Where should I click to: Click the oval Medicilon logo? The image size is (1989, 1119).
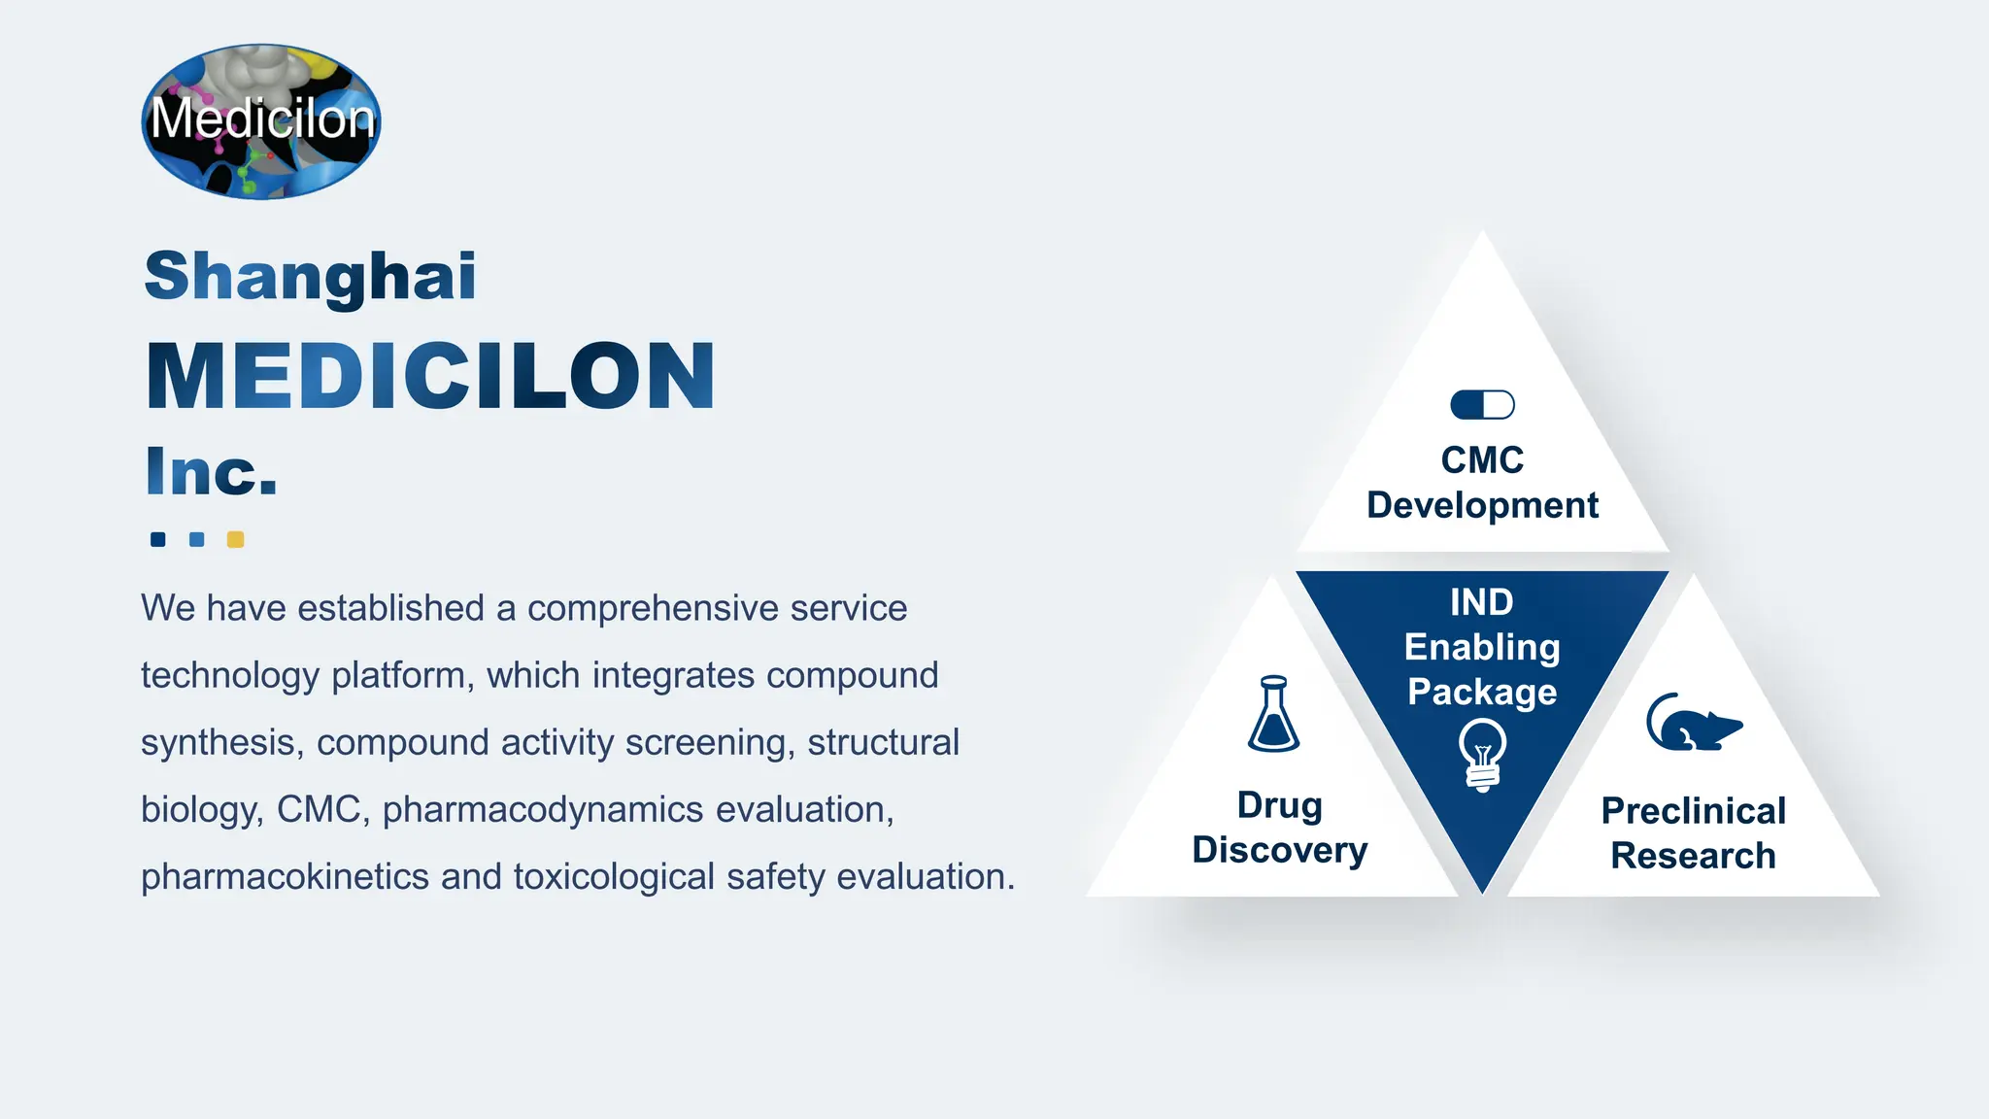pos(261,121)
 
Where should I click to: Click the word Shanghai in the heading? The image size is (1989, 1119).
pos(310,276)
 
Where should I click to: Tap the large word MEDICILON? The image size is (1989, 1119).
pos(430,376)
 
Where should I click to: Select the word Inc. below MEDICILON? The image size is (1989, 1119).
pos(211,472)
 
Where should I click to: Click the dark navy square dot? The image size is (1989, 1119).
pos(157,539)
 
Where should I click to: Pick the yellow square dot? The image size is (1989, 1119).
pos(235,539)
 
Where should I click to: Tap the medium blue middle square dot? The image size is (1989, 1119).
pos(196,539)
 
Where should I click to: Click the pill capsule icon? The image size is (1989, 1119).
pos(1482,404)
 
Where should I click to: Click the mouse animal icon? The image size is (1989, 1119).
pos(1694,723)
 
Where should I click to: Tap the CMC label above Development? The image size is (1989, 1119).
pos(1482,459)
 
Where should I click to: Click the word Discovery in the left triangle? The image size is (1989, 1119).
pos(1279,850)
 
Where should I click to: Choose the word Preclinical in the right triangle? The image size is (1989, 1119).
pos(1693,810)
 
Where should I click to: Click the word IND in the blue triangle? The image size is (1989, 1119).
pos(1482,602)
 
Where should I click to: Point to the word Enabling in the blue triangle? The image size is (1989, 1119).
pos(1482,647)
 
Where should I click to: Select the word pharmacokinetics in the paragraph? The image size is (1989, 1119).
pos(285,876)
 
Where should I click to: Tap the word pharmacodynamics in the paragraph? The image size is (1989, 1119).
pos(543,809)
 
